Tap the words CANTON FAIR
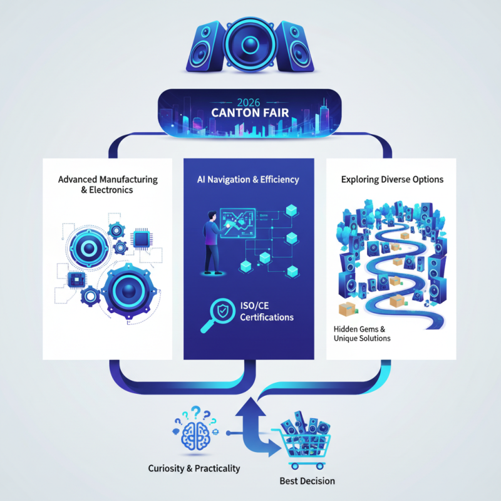tap(249, 116)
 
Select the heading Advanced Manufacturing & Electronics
tap(108, 185)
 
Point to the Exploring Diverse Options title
tap(392, 180)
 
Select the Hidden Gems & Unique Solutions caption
tap(362, 333)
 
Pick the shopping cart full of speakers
tap(305, 439)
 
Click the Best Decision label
tap(306, 481)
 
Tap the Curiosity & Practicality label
tap(194, 468)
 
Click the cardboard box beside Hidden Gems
tap(346, 309)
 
